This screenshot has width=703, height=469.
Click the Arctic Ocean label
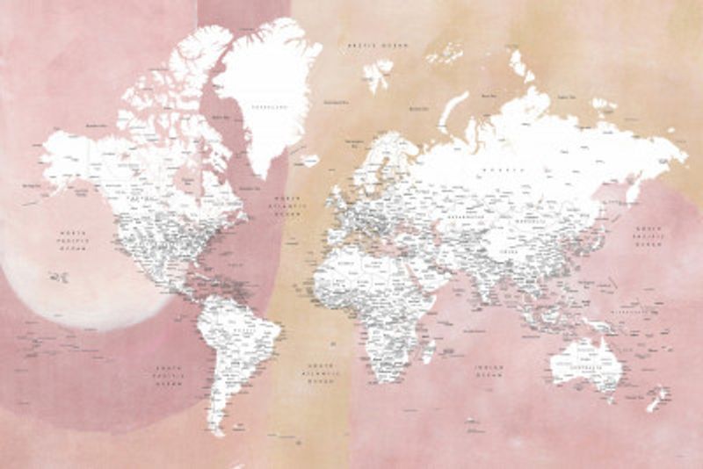coord(379,43)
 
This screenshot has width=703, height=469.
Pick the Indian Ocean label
coord(488,373)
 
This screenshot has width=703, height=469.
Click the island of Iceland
coord(308,161)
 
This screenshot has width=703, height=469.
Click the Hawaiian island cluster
coord(59,277)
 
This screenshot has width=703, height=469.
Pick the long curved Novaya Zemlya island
coord(452,111)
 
